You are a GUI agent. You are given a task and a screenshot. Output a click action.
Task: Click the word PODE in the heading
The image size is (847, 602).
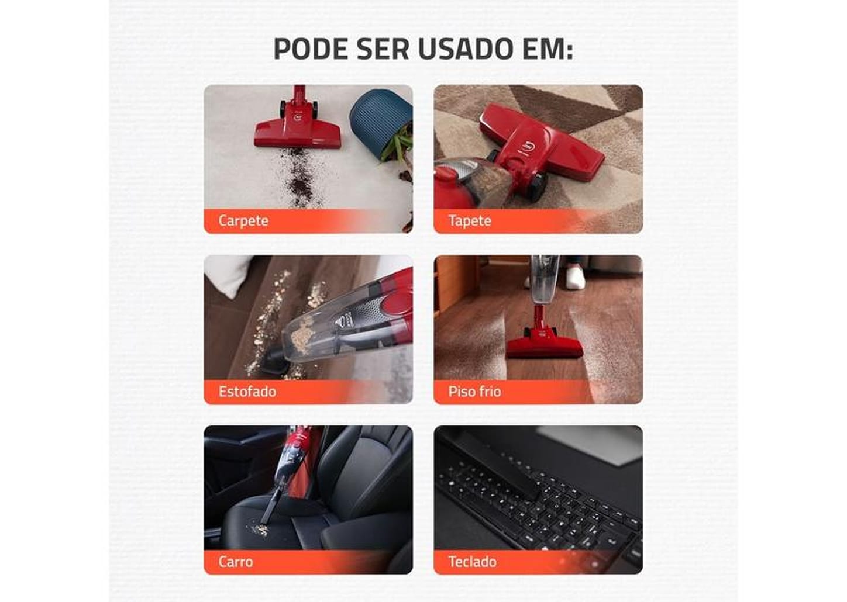pos(311,49)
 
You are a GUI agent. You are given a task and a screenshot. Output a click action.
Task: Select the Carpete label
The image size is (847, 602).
pos(243,221)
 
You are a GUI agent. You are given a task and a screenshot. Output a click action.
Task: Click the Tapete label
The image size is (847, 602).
pos(470,221)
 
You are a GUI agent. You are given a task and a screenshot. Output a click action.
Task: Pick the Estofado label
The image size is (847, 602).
pos(247,392)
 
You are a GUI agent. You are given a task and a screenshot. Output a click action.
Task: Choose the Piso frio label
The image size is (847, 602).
pos(474,392)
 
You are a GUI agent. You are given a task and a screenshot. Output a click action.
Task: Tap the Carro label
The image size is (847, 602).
pos(236,562)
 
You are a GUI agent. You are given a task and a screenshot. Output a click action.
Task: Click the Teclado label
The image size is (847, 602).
pos(473,562)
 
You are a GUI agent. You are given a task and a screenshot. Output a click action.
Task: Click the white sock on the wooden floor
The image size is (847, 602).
pos(575,277)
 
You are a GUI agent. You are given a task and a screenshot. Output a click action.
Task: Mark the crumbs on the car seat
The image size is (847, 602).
pos(259,530)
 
